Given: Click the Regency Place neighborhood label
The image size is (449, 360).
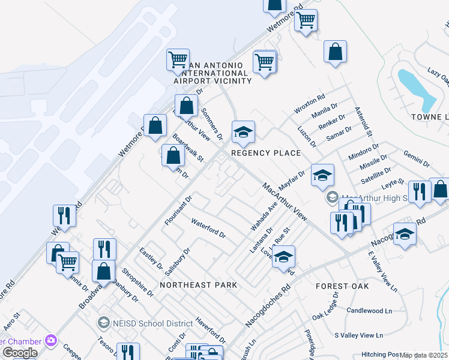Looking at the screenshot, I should pos(266,153).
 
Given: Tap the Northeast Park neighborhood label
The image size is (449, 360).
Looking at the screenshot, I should pos(199,284).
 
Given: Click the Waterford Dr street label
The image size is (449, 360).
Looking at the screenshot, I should pos(208,228).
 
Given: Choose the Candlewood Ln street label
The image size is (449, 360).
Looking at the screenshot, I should pos(369,310).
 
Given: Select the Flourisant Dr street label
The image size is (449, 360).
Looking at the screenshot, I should pos(178,210).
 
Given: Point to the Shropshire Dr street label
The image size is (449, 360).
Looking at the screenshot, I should pos(137,281).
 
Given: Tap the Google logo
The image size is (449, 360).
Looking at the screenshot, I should pos(20,353).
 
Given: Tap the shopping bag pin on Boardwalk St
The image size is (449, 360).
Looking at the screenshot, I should pos(173,155).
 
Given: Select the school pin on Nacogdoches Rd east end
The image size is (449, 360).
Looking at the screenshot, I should pos(405,234).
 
